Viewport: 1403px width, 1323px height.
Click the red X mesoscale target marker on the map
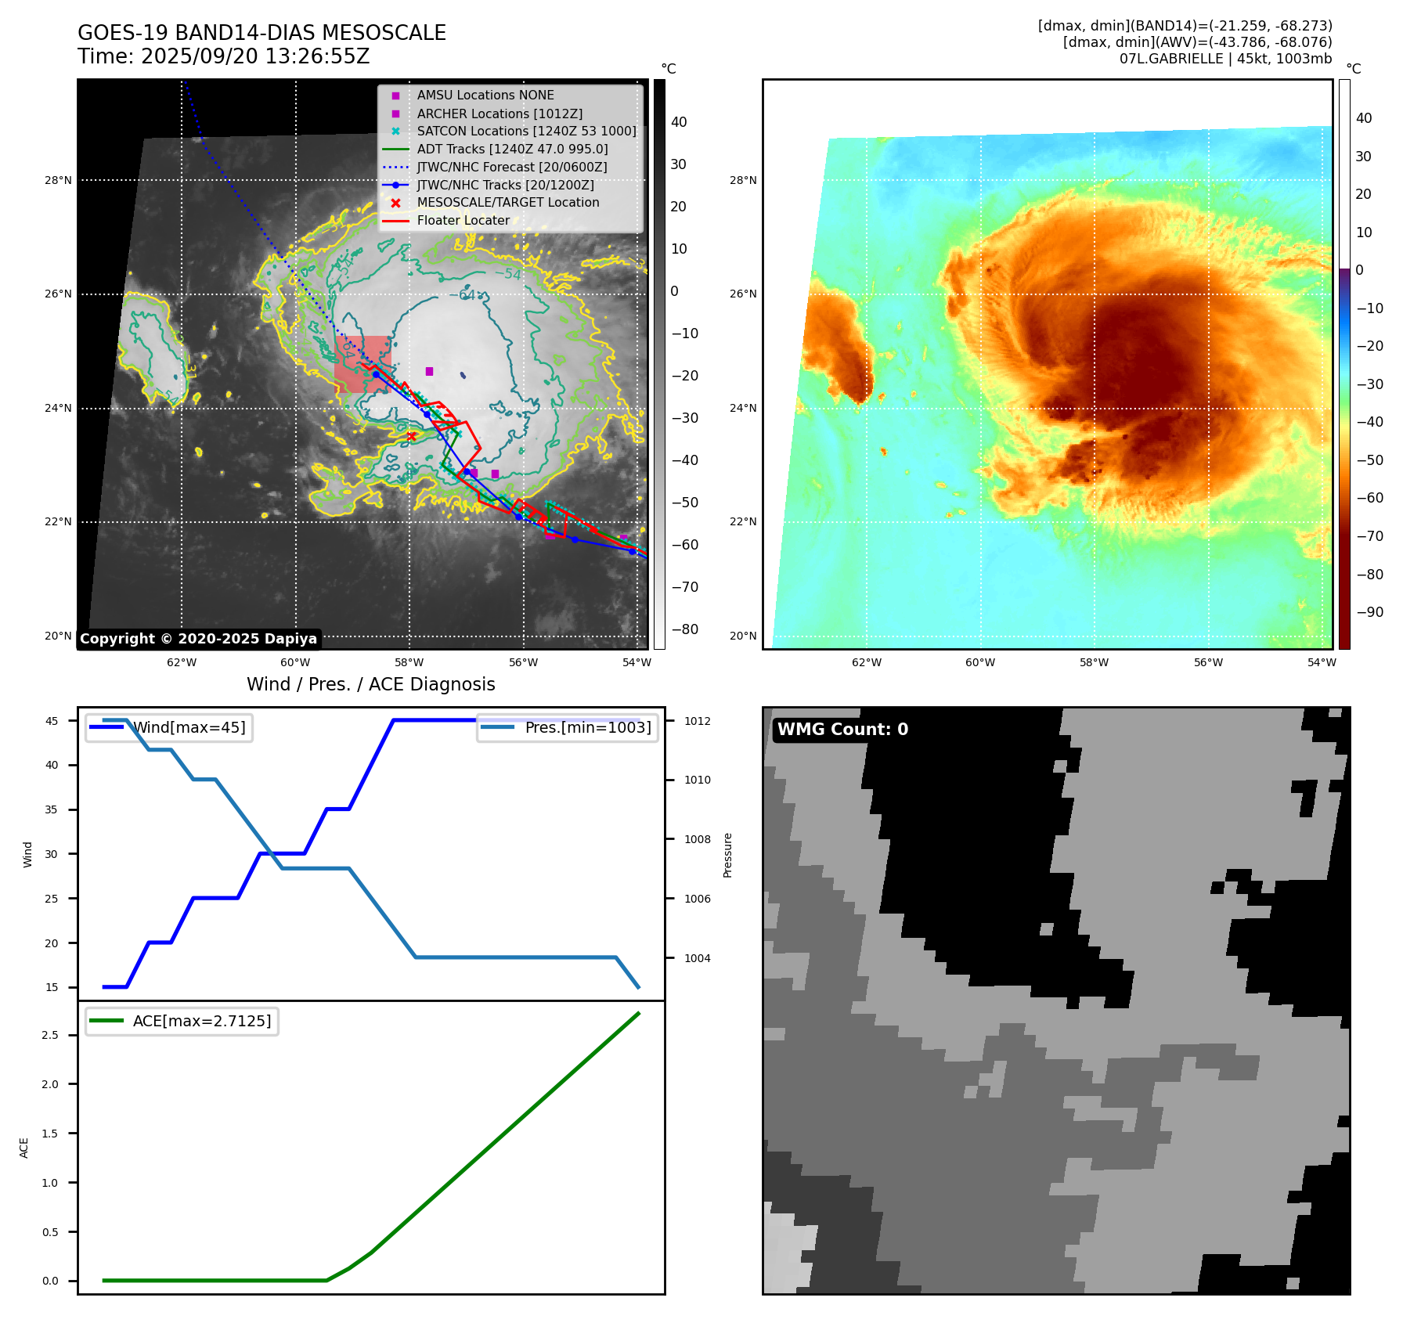click(411, 436)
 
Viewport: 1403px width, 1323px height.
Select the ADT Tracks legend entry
click(512, 149)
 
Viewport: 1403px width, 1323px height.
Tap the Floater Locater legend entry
click(463, 220)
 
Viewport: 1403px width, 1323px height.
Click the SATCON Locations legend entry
click(526, 131)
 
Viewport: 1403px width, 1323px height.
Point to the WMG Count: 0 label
click(842, 730)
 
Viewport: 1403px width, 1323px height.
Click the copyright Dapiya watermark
click(198, 639)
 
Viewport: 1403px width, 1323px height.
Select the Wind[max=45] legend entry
click(189, 727)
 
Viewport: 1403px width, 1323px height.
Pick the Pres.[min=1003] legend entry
click(587, 727)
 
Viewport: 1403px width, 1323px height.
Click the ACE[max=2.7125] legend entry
click(202, 1021)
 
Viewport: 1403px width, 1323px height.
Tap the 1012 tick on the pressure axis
click(697, 721)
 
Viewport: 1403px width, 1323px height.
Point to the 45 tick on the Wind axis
click(52, 721)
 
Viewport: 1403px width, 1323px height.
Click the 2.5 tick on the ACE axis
click(50, 1035)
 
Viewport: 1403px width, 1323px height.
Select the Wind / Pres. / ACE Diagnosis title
click(370, 684)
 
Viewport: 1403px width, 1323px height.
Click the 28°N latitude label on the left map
click(58, 180)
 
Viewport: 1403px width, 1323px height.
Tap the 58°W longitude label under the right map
click(1094, 662)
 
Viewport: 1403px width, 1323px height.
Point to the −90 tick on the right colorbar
click(1369, 612)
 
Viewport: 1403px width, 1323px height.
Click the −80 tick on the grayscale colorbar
click(684, 629)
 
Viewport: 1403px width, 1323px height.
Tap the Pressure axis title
click(727, 855)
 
